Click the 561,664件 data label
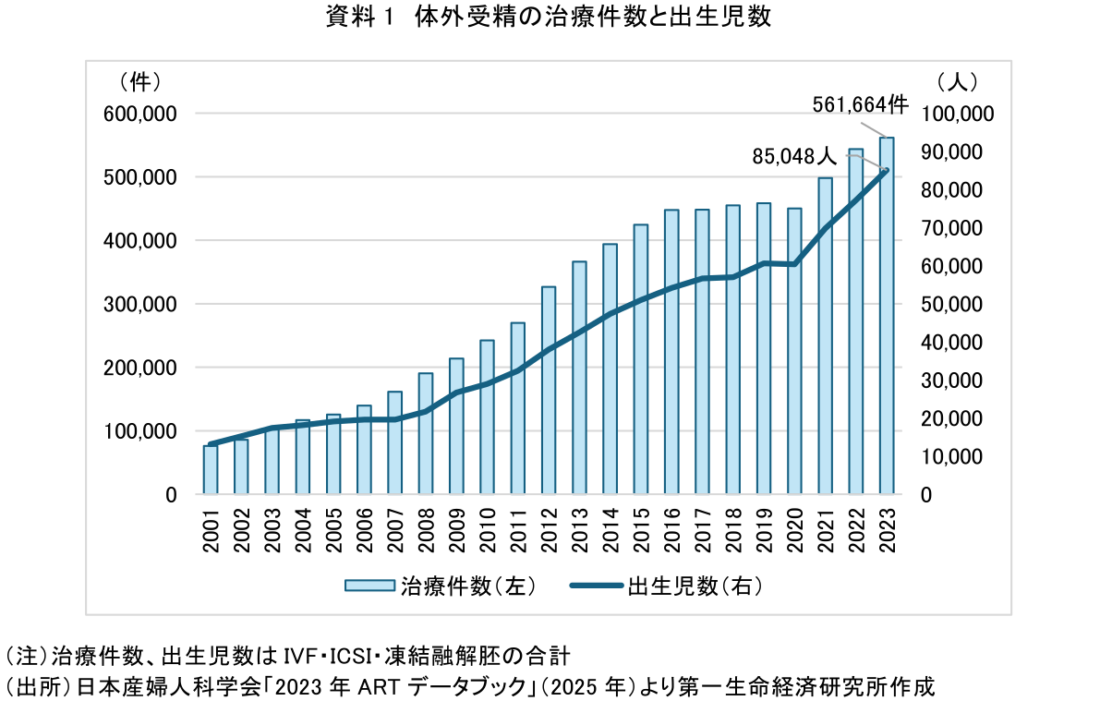pos(860,104)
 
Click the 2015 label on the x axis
pos(641,530)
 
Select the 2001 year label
pos(211,530)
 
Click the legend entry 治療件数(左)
pos(440,586)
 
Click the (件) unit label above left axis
pos(140,81)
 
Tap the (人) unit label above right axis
pos(958,81)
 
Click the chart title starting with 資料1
pos(549,18)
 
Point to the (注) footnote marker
pos(27,658)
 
